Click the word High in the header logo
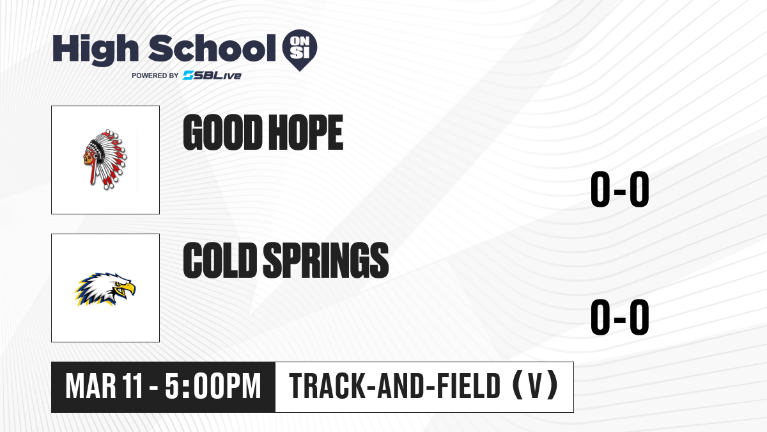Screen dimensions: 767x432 (x=95, y=50)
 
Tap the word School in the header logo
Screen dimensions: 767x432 (x=212, y=48)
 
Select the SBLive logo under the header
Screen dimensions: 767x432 (x=212, y=76)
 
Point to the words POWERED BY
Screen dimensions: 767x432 (x=155, y=76)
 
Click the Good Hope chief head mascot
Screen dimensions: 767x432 (x=105, y=159)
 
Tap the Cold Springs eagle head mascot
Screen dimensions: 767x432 (x=105, y=289)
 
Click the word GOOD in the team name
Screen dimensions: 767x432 (x=221, y=132)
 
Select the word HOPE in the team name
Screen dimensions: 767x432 (x=306, y=132)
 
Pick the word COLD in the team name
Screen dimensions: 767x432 (x=220, y=260)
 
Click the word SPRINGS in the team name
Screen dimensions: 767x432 (x=326, y=260)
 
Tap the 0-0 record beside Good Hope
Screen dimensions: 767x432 (x=620, y=189)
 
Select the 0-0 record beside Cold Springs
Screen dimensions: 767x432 (x=620, y=317)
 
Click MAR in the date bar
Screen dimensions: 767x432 (x=91, y=387)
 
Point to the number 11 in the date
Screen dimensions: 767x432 (x=133, y=387)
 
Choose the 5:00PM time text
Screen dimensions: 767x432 (x=213, y=387)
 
